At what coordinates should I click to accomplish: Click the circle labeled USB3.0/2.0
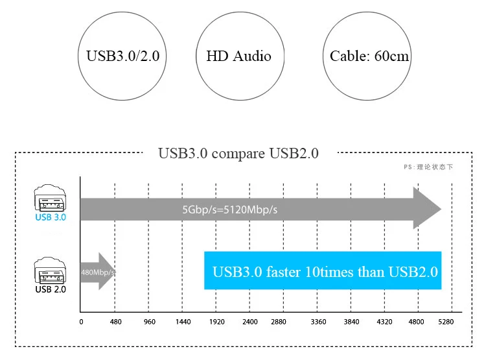tap(122, 56)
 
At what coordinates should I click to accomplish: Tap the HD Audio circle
tap(238, 56)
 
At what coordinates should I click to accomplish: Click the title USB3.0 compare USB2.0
tap(238, 154)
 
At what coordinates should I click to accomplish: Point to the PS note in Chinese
tap(428, 167)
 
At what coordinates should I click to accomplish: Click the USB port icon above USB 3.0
tap(51, 198)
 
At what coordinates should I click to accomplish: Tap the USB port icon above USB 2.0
tap(51, 270)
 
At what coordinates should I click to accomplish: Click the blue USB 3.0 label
tap(51, 217)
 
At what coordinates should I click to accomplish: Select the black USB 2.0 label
tap(51, 289)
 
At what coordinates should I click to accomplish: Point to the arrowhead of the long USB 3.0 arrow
tap(428, 209)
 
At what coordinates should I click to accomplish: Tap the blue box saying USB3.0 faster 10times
tap(323, 270)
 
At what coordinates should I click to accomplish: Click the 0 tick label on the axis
tap(81, 322)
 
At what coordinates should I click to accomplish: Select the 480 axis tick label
tap(115, 322)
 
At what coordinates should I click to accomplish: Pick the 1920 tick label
tap(216, 322)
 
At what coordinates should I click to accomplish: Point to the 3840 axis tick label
tap(351, 322)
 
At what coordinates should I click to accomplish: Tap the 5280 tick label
tap(446, 322)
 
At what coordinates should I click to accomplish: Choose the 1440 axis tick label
tap(183, 322)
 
